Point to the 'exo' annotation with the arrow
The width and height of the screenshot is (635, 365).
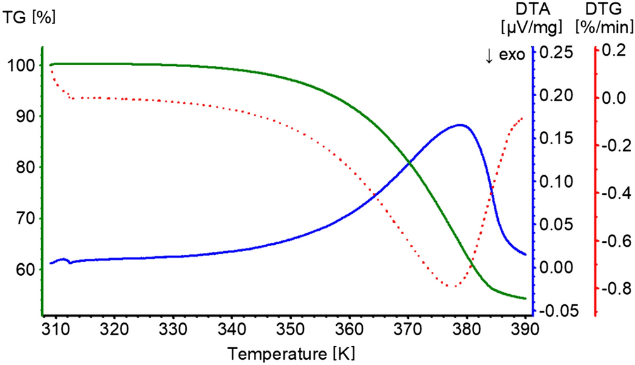[x=505, y=56]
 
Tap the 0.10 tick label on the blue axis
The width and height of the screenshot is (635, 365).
[x=553, y=182]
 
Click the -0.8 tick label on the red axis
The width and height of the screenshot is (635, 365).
[x=612, y=289]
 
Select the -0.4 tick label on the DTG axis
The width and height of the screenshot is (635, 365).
[x=612, y=194]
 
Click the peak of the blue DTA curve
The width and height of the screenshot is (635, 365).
[x=460, y=125]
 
